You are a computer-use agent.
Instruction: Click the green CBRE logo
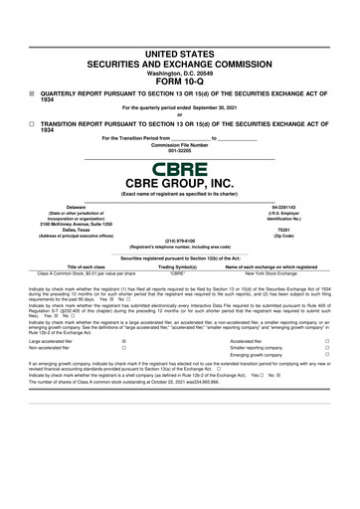tap(180, 171)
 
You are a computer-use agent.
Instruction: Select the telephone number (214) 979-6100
tap(180, 239)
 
